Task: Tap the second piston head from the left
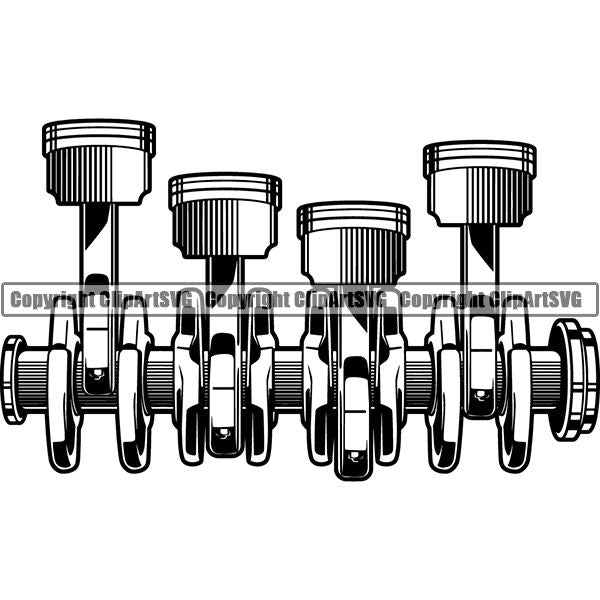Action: [x=224, y=215]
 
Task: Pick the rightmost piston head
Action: [x=479, y=184]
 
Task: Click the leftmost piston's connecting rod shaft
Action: [x=98, y=250]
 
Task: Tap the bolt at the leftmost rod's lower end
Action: [x=97, y=376]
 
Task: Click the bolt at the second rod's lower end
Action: [x=224, y=433]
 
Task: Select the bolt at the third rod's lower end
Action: [x=352, y=456]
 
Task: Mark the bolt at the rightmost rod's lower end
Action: [x=481, y=394]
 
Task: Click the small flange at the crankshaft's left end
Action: [x=13, y=379]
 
